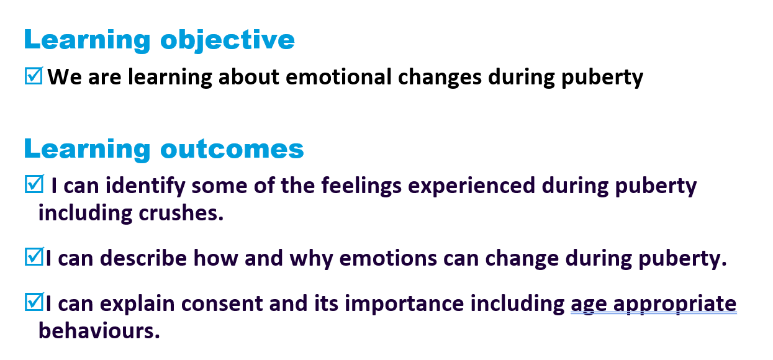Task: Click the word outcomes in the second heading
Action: click(232, 150)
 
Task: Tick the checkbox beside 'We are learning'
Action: click(34, 76)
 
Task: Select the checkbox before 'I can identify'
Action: click(34, 184)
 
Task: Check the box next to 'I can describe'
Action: click(34, 256)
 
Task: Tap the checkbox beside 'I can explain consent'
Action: click(34, 302)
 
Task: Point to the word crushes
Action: click(181, 213)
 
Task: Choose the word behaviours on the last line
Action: click(99, 330)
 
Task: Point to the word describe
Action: click(143, 258)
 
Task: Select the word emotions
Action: click(388, 258)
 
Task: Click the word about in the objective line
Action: click(249, 76)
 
